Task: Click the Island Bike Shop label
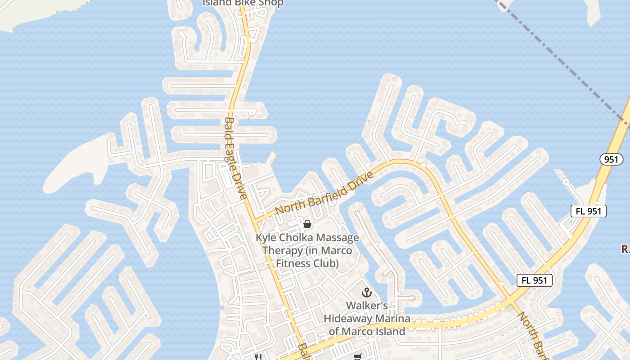coord(243,3)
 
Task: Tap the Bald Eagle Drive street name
coord(235,158)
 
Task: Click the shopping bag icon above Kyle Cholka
coord(307,224)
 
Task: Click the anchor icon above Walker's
coord(367,292)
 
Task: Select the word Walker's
coord(367,306)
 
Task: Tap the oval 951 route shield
coord(611,159)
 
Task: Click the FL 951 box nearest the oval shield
coord(588,211)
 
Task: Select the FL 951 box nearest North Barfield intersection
coord(534,280)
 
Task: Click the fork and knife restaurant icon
coord(258,357)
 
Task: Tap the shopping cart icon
coord(357,357)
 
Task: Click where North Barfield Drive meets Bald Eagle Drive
coord(255,220)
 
